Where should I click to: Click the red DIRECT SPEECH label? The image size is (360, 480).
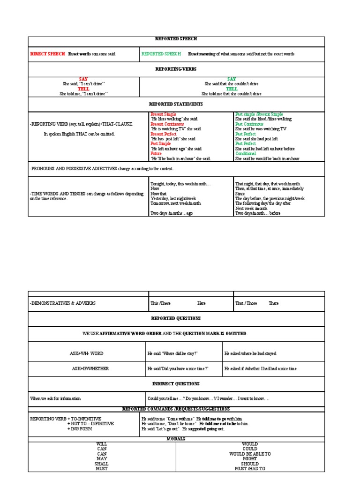tap(47, 54)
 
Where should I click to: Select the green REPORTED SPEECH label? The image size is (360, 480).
tap(161, 54)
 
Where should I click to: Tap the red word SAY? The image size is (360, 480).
tap(83, 79)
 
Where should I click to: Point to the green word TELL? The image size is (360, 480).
tap(232, 89)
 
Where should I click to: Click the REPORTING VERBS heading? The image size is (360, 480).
tap(176, 69)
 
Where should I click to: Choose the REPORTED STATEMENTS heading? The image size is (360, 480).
tap(176, 104)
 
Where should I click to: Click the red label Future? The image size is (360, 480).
tap(156, 153)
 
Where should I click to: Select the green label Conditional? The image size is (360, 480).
tap(246, 153)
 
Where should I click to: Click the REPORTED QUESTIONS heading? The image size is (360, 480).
tap(176, 318)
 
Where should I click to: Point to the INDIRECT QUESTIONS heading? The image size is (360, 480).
tap(176, 383)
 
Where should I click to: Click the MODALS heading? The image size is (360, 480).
tap(176, 439)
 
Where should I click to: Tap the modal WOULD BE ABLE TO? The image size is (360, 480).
tap(250, 454)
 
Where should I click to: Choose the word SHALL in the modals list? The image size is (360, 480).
tap(102, 464)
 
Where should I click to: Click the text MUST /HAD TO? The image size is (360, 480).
tap(250, 468)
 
